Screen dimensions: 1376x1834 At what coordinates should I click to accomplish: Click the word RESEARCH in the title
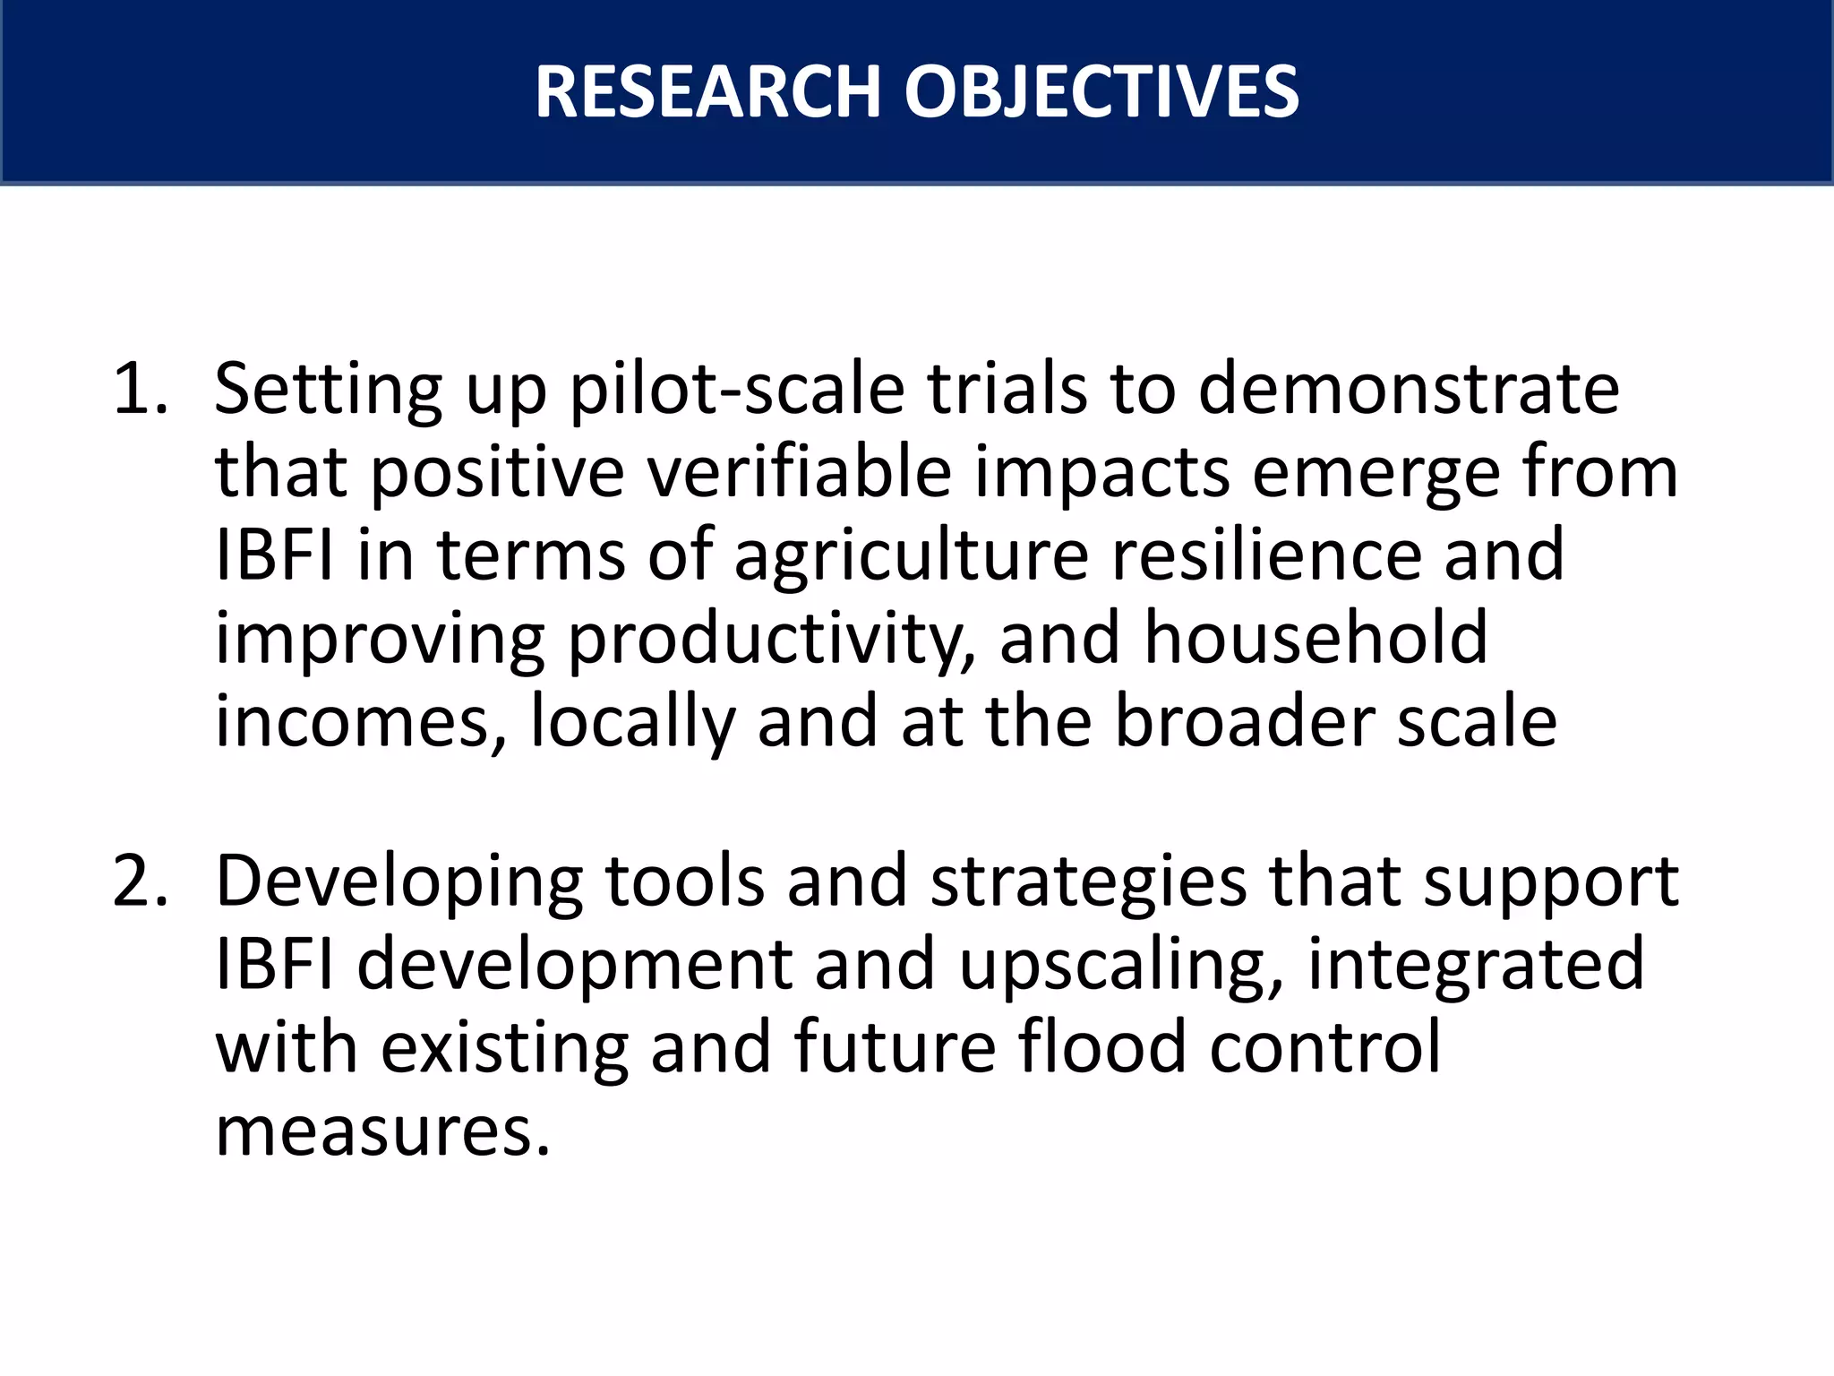coord(707,92)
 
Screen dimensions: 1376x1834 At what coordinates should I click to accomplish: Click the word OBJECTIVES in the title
coord(1101,92)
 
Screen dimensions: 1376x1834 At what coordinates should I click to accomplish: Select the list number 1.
coord(140,390)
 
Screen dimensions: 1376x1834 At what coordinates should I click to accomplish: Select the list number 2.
coord(140,882)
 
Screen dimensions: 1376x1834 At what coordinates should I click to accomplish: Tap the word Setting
coord(328,390)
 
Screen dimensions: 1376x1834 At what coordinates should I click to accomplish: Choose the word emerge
coord(1375,472)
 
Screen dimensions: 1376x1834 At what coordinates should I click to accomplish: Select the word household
coord(1316,639)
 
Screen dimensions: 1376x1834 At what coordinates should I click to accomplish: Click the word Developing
coord(399,882)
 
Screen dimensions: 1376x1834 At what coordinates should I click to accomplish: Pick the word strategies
coord(1088,882)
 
